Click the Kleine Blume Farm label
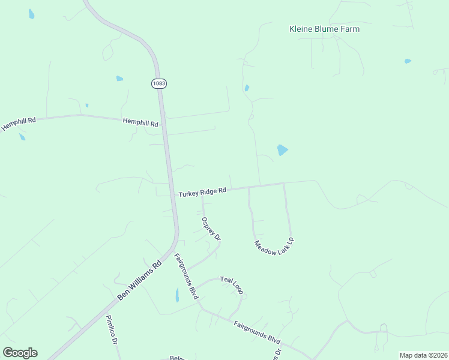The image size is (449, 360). coord(324,29)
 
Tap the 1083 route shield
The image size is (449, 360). coord(158,83)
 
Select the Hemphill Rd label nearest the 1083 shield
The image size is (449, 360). coord(140,122)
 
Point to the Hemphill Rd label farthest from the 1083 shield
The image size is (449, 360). coord(19,124)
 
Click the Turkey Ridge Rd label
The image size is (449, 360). coord(202,192)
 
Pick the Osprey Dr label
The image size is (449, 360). coord(212,229)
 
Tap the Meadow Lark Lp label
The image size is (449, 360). coord(274,247)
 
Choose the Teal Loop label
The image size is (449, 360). coord(231,284)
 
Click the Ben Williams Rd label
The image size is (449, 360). coord(139,280)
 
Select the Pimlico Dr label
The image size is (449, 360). coord(111,330)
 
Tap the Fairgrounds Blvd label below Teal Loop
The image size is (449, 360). coord(257,331)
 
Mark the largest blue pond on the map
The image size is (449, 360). coord(282,150)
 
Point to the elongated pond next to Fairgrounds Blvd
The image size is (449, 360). coord(176,295)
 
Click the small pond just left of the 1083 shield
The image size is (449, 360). coord(119,79)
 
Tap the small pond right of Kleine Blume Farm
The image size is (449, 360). coord(408,61)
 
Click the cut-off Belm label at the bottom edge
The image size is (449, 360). coord(176,358)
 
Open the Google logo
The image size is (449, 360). coord(20,352)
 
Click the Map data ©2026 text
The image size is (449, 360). coord(423,355)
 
